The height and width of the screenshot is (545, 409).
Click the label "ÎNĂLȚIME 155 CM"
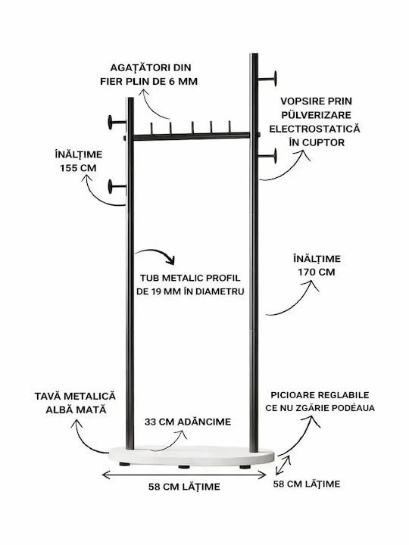[x=78, y=161]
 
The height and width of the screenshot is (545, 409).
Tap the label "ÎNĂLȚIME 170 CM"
[x=317, y=265]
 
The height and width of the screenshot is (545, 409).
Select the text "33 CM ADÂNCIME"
[x=188, y=422]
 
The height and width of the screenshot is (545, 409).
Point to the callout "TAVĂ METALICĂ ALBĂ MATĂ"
[x=76, y=403]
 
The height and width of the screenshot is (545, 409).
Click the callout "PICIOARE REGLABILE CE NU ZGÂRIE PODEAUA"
[x=320, y=401]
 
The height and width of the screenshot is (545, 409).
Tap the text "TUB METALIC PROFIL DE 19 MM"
[x=190, y=285]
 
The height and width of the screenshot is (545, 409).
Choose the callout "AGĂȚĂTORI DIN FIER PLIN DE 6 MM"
[x=149, y=74]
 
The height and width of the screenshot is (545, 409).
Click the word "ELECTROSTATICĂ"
[x=315, y=129]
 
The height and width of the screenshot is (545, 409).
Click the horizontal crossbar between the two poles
[x=192, y=136]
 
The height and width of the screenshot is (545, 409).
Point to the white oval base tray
[x=192, y=455]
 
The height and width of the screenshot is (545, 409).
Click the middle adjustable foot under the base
[x=184, y=466]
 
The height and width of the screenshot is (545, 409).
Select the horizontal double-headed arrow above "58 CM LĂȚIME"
[x=184, y=475]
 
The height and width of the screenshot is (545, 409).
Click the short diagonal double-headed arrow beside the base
[x=283, y=466]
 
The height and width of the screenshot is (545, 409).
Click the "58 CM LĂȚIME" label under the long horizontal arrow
[x=184, y=487]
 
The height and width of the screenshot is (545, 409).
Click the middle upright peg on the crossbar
[x=192, y=127]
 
